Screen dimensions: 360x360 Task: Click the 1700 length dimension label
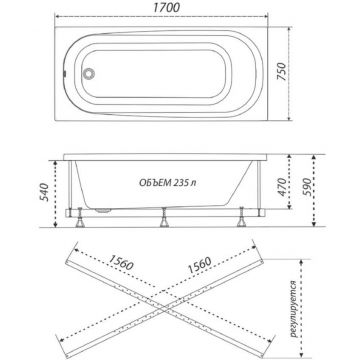[x=167, y=8]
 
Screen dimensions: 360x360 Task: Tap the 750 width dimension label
[x=282, y=72]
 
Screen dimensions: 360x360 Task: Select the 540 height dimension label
[x=44, y=192]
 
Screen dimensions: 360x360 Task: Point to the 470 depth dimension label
[x=282, y=187]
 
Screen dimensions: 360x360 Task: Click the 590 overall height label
[x=306, y=187]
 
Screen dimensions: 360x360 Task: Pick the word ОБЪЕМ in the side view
[x=153, y=183]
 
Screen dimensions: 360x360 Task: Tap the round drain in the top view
[x=89, y=73]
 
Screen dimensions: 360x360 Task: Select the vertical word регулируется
[x=294, y=309]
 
